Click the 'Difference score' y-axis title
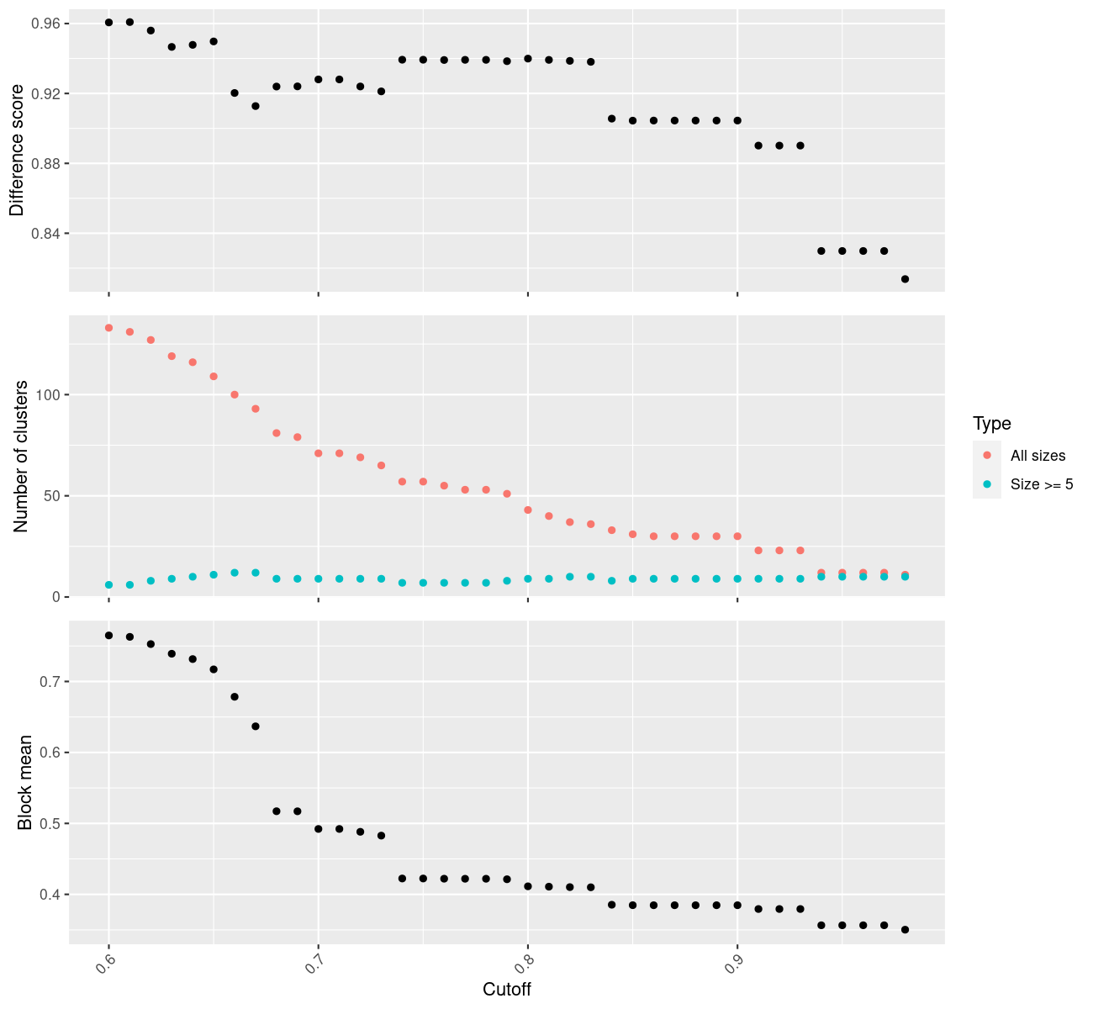pyautogui.click(x=18, y=151)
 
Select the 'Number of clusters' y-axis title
pyautogui.click(x=22, y=456)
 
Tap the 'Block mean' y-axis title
pyautogui.click(x=25, y=782)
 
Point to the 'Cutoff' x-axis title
pyautogui.click(x=507, y=989)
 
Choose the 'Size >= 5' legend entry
pyautogui.click(x=1042, y=484)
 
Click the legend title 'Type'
pyautogui.click(x=991, y=424)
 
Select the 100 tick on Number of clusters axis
pyautogui.click(x=50, y=395)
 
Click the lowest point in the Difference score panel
pyautogui.click(x=905, y=279)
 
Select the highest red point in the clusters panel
pyautogui.click(x=108, y=328)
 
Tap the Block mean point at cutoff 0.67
pyautogui.click(x=256, y=726)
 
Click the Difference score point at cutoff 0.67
pyautogui.click(x=256, y=106)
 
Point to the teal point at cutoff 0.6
pyautogui.click(x=108, y=584)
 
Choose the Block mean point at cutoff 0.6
pyautogui.click(x=108, y=636)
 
